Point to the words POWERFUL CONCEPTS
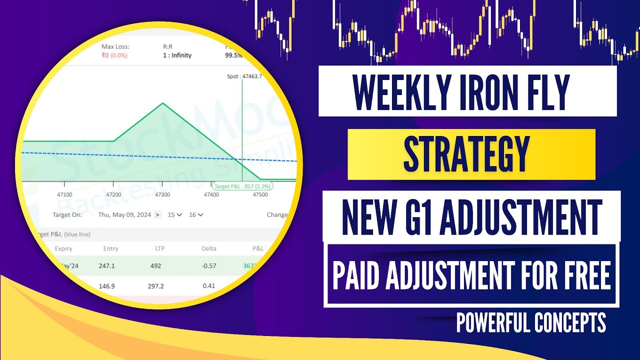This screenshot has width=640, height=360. tap(531, 322)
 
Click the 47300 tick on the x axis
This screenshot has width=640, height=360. tap(162, 194)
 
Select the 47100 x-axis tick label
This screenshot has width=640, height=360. tap(64, 194)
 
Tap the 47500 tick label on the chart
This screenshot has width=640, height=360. tap(260, 194)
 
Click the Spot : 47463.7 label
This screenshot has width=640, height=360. tap(244, 76)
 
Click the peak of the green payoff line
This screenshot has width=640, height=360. tap(162, 103)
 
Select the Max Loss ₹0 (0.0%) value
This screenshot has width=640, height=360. tap(114, 55)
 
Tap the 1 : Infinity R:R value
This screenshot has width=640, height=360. tap(177, 55)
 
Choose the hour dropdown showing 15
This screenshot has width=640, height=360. tap(174, 214)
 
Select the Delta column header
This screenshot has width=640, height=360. tap(208, 248)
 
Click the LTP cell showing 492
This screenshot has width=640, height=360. tap(155, 266)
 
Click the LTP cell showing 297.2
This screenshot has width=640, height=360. tap(157, 286)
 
